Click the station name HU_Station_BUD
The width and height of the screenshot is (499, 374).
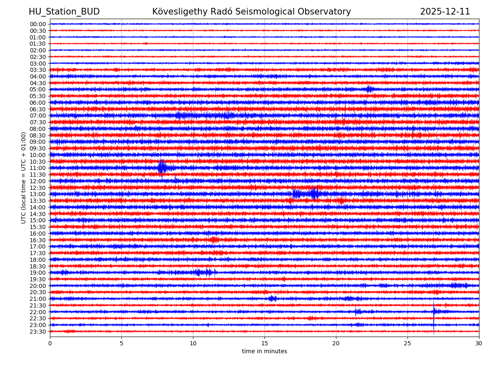(x=64, y=12)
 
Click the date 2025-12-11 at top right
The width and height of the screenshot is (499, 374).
(x=445, y=12)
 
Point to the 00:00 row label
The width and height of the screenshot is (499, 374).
(x=37, y=24)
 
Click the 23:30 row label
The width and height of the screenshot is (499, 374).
(x=37, y=332)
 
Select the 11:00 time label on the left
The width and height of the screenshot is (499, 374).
(x=37, y=168)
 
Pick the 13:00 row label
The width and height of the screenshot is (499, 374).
(x=37, y=194)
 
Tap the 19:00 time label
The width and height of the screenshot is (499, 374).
(x=37, y=273)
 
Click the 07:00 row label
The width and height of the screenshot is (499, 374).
(x=37, y=116)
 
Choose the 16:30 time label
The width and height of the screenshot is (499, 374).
(x=37, y=240)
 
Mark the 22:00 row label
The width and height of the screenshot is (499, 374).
(x=37, y=312)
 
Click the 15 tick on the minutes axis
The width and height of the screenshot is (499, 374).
(x=264, y=344)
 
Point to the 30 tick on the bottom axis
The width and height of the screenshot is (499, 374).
(x=479, y=344)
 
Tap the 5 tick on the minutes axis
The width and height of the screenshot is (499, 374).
(x=121, y=344)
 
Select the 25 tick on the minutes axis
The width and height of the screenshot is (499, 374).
(x=408, y=344)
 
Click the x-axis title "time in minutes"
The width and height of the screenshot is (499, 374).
(x=264, y=352)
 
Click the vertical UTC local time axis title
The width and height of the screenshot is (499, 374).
(x=24, y=177)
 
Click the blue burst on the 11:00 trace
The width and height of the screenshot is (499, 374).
(x=162, y=167)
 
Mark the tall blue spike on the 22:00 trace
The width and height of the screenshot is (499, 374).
(x=434, y=311)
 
